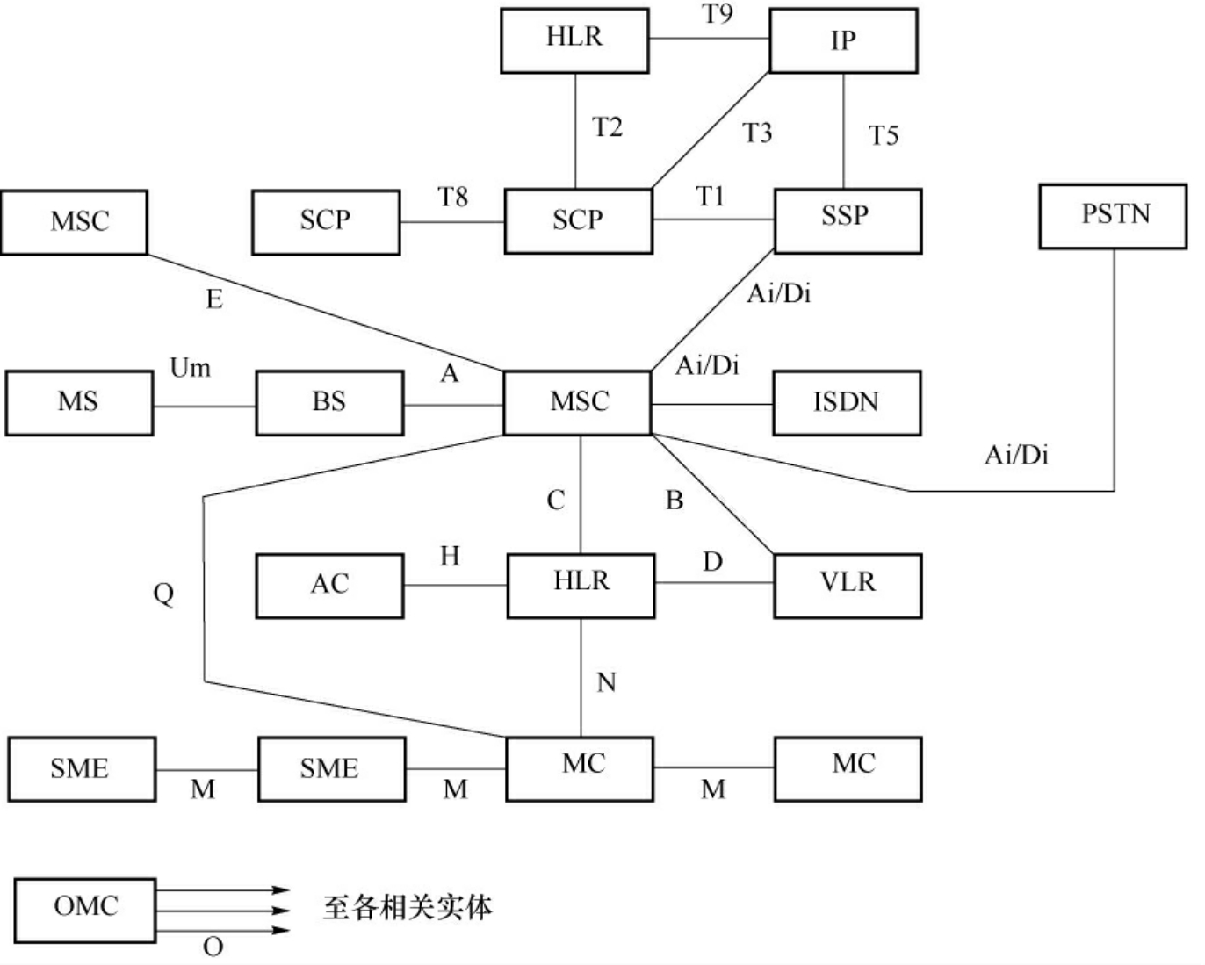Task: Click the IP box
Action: [843, 40]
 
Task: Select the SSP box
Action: [848, 220]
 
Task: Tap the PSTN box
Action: [1113, 215]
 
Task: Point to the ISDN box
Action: [847, 402]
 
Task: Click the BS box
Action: [329, 402]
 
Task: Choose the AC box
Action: [329, 585]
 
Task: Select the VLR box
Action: [848, 585]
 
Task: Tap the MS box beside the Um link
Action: [78, 402]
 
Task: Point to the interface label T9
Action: [718, 14]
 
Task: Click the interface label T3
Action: [756, 133]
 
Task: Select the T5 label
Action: [884, 135]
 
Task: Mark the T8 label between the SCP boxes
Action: [453, 198]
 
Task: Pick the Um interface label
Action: [190, 368]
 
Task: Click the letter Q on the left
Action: [163, 594]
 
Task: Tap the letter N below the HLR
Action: [606, 682]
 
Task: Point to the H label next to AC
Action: [450, 556]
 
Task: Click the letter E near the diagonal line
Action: [214, 300]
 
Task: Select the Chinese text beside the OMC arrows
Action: [408, 908]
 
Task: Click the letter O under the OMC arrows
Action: [213, 947]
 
